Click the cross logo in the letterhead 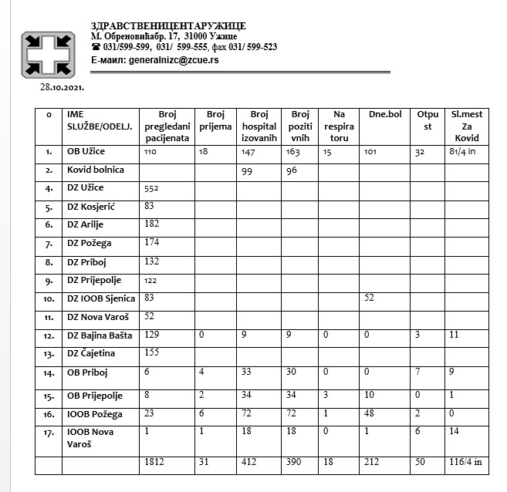point(47,53)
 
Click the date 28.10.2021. point(63,88)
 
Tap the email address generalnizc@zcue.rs point(174,59)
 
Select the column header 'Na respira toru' point(338,126)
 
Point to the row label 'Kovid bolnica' point(96,169)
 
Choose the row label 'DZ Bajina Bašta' point(101,335)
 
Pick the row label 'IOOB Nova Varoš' point(92,437)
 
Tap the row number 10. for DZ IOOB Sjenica point(48,298)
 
